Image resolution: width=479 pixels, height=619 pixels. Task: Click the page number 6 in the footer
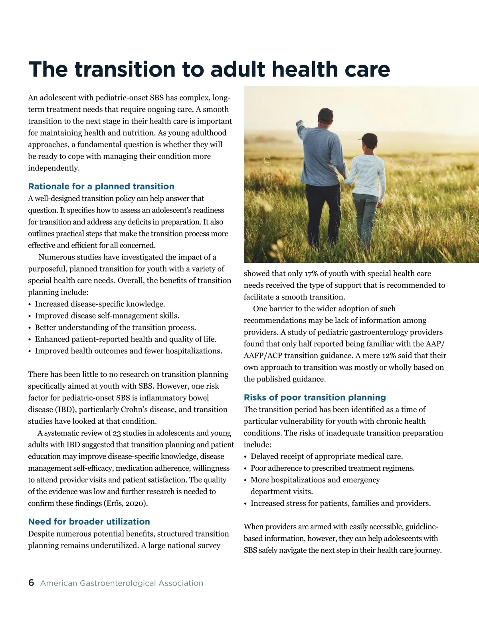point(31,583)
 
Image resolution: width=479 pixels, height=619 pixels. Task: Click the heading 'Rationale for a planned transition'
point(101,187)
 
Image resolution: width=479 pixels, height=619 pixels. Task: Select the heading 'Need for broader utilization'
point(89,522)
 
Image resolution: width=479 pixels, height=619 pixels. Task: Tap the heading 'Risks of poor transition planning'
point(315,397)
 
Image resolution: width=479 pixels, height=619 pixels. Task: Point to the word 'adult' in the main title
point(238,69)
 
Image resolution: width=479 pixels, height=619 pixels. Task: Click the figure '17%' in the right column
point(311,273)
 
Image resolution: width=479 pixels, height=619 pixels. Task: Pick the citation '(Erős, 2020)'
point(126,503)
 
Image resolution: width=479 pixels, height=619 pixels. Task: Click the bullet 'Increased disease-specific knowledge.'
point(100,304)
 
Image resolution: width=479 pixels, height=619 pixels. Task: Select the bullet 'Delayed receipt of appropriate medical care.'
point(327,456)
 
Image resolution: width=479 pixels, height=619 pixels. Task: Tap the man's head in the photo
point(325,116)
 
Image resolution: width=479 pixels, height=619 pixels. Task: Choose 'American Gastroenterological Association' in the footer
point(122,583)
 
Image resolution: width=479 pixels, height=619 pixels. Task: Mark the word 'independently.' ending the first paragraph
point(54,168)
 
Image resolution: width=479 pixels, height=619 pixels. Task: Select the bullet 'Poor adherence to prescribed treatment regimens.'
point(333,468)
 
